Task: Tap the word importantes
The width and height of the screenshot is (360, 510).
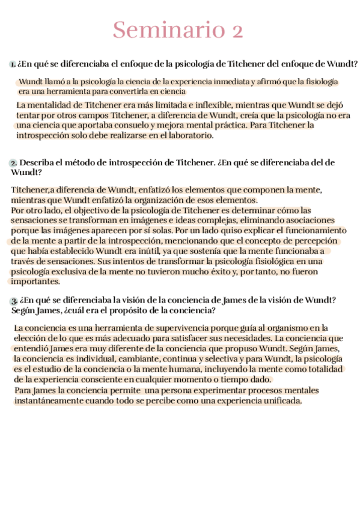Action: coord(35,281)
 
